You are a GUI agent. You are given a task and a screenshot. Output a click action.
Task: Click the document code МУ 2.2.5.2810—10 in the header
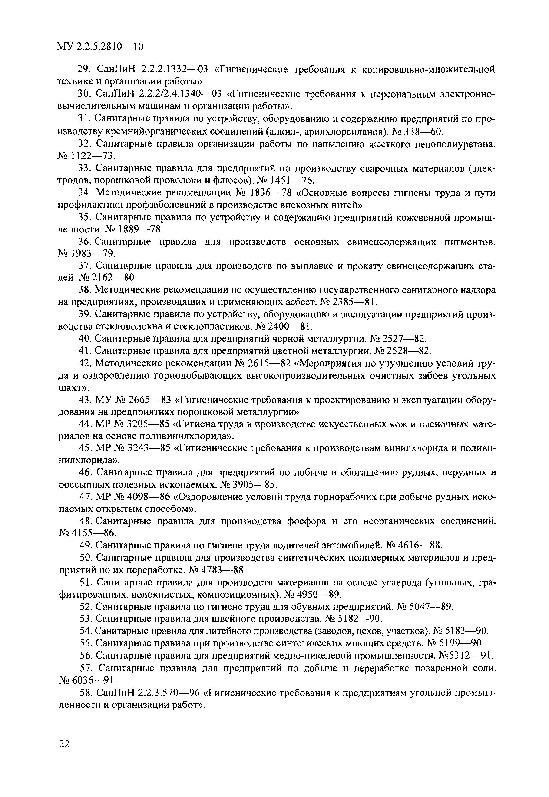[x=100, y=46]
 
